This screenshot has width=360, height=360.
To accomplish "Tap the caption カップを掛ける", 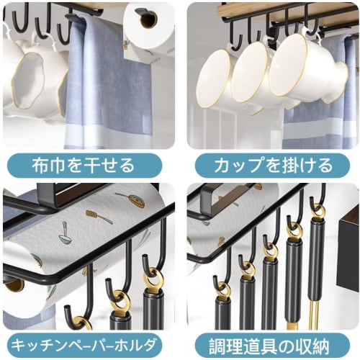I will pyautogui.click(x=272, y=166).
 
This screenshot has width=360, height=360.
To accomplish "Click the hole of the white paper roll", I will pyautogui.click(x=148, y=19).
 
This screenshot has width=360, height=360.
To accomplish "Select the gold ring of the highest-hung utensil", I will pyautogui.click(x=318, y=211).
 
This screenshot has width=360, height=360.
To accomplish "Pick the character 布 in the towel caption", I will pyautogui.click(x=40, y=166).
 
